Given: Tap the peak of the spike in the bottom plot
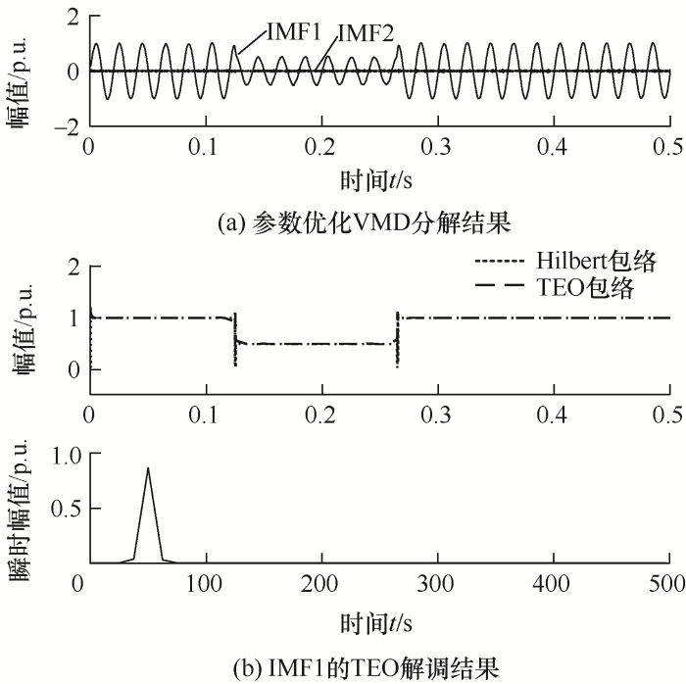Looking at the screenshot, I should coord(148,468).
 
